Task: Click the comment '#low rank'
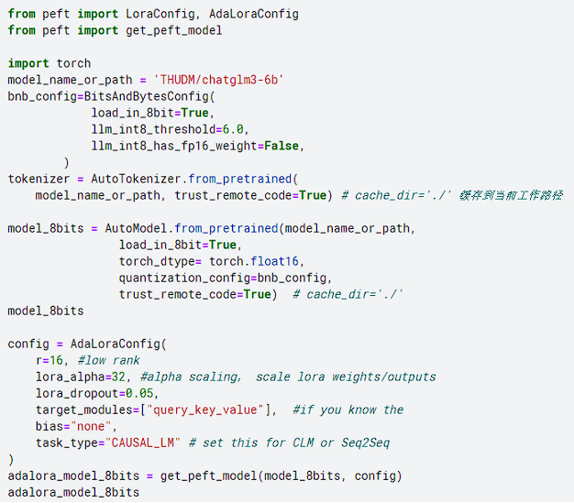coord(109,360)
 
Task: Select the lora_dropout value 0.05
coord(144,393)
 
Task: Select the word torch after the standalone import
coord(73,63)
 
